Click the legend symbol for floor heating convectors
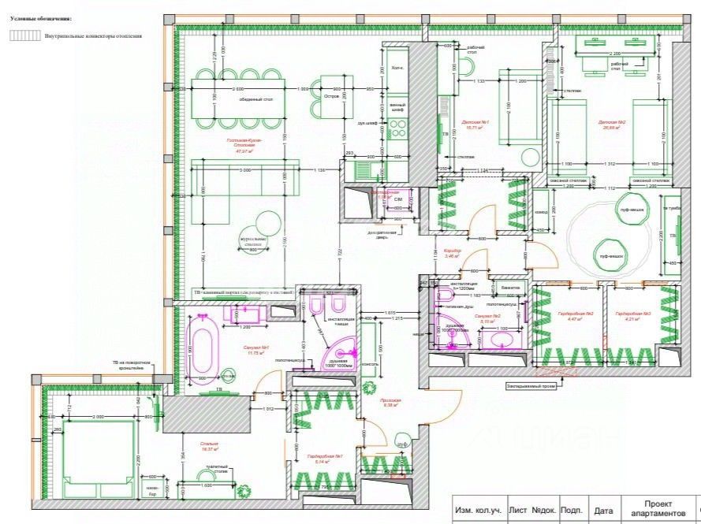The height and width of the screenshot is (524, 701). [x=24, y=35]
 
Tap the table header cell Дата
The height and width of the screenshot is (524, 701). [x=603, y=511]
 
